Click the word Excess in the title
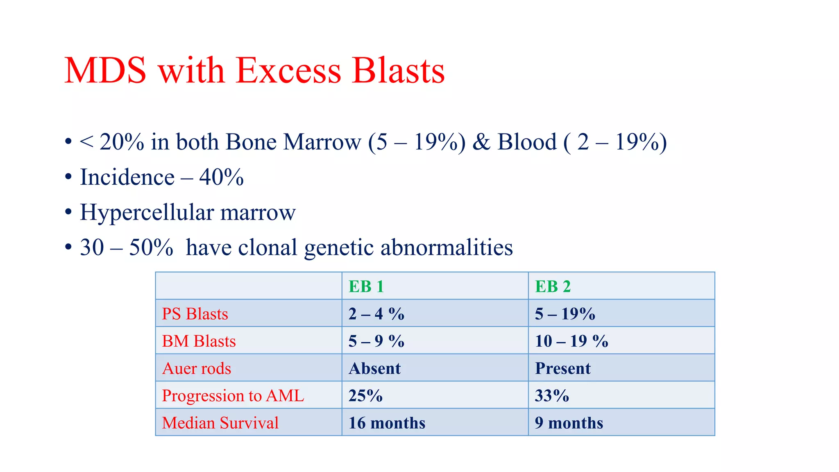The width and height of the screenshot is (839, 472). [x=288, y=70]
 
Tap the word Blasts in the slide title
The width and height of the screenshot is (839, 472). [x=398, y=70]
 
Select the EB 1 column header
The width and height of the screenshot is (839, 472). [x=366, y=286]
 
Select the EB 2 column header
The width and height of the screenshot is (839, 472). [x=552, y=286]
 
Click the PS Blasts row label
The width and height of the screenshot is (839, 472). [x=195, y=314]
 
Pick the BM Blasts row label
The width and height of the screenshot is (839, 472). [x=199, y=341]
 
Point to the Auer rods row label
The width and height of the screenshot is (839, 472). [x=197, y=368]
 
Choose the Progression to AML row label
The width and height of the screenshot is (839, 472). [x=233, y=396]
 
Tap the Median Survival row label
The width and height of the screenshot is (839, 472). [x=220, y=423]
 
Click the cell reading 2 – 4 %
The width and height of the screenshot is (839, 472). [x=376, y=314]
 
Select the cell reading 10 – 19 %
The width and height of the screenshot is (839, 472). [x=571, y=341]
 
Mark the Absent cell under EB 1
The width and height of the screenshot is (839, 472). [x=374, y=368]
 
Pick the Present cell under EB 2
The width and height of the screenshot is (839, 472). [x=562, y=368]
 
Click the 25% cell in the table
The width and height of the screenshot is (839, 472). [x=365, y=396]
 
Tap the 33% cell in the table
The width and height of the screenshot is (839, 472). [x=552, y=396]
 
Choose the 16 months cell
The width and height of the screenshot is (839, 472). [x=387, y=423]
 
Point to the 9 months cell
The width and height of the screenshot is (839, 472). [x=569, y=423]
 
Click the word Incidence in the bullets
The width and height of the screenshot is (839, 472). [x=127, y=177]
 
